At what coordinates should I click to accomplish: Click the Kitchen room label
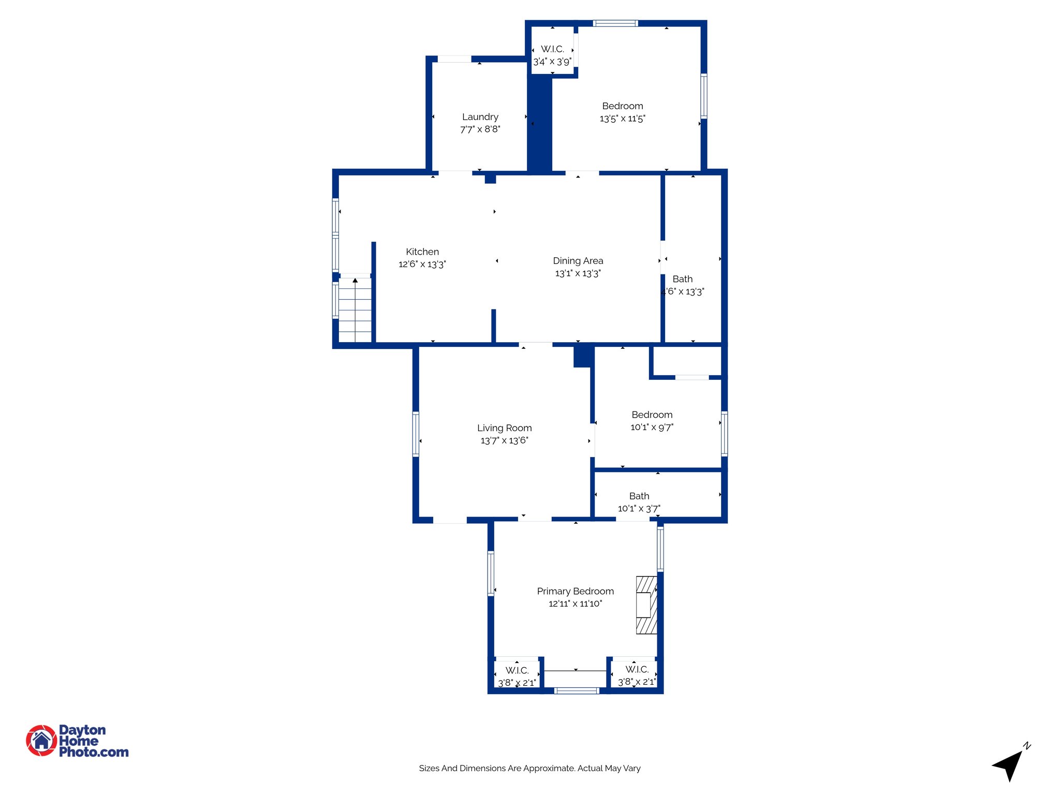(422, 252)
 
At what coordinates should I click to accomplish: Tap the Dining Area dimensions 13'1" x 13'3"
(578, 273)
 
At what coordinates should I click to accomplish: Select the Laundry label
(480, 117)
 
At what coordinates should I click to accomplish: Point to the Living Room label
(504, 428)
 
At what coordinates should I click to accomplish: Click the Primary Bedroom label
(575, 591)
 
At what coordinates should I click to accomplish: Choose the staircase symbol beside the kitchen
(355, 310)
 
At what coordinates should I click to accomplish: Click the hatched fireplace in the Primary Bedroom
(646, 605)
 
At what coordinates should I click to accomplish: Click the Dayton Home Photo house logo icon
(41, 740)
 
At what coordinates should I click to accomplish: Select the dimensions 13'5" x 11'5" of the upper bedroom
(622, 119)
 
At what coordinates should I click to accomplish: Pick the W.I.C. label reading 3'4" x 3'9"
(552, 55)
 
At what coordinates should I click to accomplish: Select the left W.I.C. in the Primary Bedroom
(517, 676)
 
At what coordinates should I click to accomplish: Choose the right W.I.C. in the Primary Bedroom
(636, 675)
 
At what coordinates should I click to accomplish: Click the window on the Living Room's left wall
(416, 434)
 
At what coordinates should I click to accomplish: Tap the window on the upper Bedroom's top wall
(615, 23)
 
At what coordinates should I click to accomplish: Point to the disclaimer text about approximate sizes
(529, 768)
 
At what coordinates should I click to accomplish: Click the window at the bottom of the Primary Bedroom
(577, 690)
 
